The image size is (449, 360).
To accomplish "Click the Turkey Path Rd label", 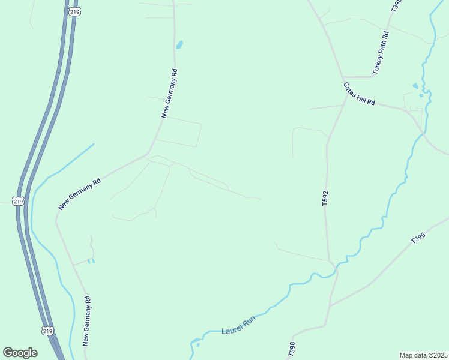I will [381, 52].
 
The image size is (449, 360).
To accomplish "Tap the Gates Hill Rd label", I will [359, 94].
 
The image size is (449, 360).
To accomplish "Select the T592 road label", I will [325, 199].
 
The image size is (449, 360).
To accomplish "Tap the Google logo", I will [20, 353].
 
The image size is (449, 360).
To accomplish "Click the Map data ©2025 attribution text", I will [424, 355].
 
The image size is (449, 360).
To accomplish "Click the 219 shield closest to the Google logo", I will [47, 331].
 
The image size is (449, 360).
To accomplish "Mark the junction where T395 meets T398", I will [330, 305].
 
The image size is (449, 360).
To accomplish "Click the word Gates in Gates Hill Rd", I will [350, 89].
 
